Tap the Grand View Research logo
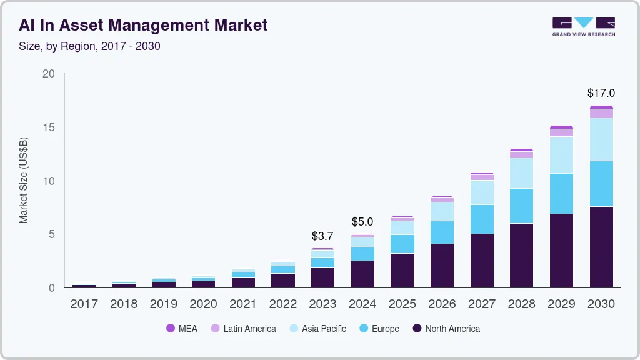(x=583, y=27)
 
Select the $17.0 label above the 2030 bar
(x=601, y=93)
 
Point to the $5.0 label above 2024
(x=362, y=222)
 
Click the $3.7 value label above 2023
(x=322, y=236)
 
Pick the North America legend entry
(x=446, y=329)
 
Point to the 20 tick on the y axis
(x=49, y=74)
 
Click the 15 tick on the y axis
(x=49, y=127)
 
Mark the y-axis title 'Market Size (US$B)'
(x=24, y=180)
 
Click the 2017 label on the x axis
(x=84, y=304)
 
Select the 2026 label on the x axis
(x=442, y=304)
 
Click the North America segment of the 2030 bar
(x=601, y=247)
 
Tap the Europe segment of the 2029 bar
(x=561, y=194)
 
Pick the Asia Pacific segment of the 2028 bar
(x=521, y=173)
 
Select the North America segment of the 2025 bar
(x=402, y=270)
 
